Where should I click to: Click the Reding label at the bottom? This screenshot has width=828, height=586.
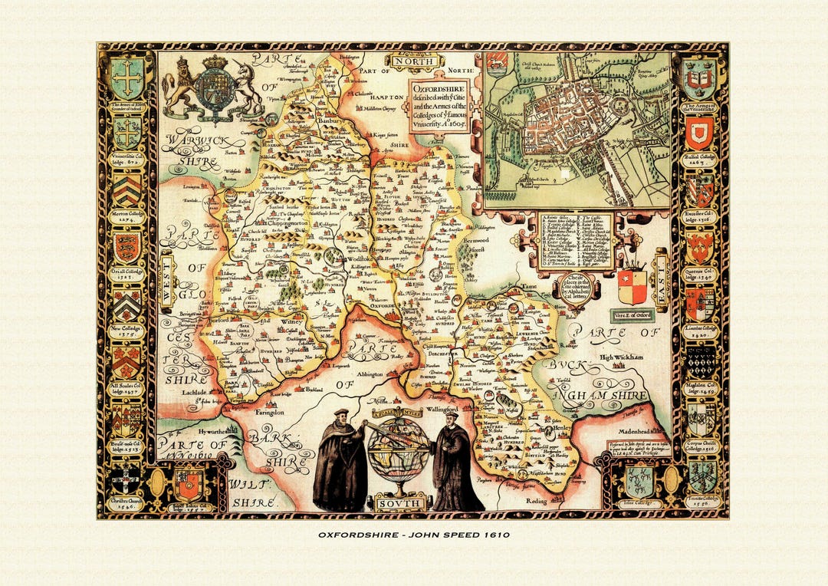pos(537,500)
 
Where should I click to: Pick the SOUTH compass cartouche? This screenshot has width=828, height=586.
pos(399,503)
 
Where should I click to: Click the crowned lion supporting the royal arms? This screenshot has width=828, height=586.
pos(179,86)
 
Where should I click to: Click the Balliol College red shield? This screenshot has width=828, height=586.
pos(699,133)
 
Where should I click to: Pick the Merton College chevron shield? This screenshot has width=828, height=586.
pos(127,189)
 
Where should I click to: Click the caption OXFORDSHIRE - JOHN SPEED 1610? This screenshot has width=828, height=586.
pos(413,534)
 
